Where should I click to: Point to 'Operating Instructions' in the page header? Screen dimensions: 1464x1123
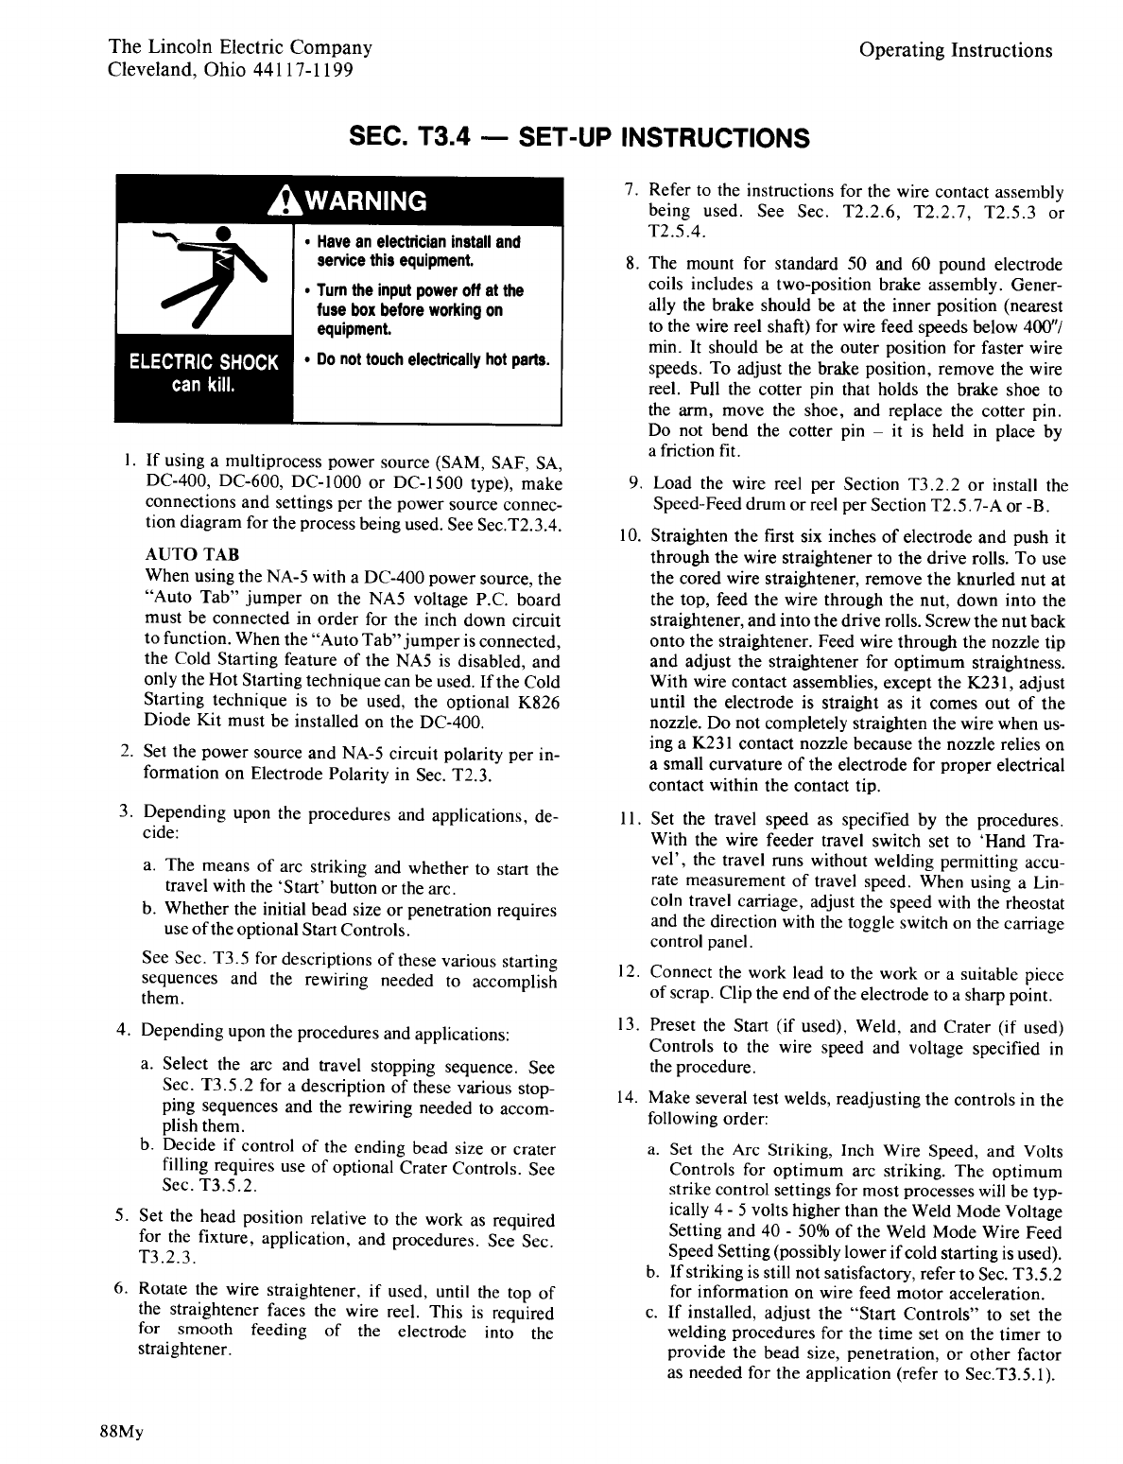coord(956,50)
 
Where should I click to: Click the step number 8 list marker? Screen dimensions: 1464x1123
coord(631,264)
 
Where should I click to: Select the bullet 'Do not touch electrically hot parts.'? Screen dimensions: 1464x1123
coord(428,360)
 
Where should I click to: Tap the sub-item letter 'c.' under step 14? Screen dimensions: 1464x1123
coord(652,1315)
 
